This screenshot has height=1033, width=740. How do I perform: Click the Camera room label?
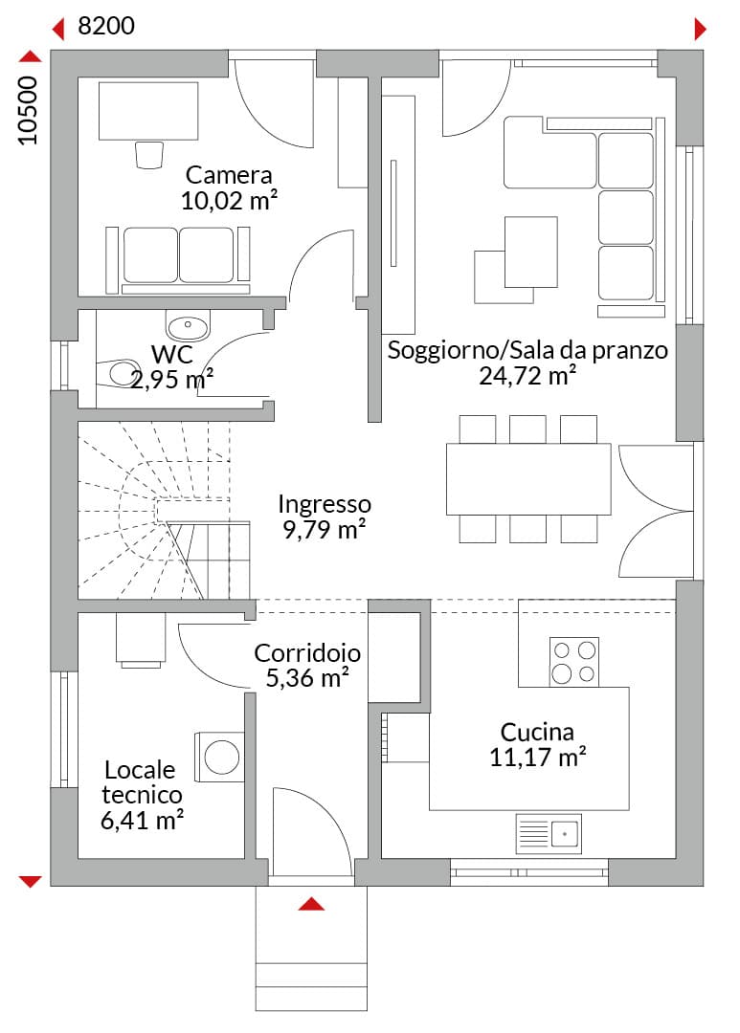coord(229,175)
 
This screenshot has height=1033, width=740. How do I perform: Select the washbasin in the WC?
coord(188,325)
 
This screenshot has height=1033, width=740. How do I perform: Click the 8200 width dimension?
coord(106,26)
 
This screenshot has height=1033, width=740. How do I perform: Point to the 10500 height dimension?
coord(28,111)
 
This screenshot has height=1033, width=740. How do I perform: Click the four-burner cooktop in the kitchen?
coord(573,662)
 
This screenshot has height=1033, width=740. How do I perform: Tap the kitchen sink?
coord(549,834)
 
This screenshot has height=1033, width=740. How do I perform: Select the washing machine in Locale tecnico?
coord(219,757)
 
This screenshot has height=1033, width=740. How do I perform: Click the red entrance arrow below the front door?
coord(311,904)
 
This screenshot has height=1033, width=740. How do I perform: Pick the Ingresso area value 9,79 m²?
coord(325,529)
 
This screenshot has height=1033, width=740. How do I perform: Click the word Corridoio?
coord(307,653)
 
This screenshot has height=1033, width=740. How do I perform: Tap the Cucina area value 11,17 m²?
coord(537,757)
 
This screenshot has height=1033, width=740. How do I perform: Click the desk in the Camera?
coord(148,111)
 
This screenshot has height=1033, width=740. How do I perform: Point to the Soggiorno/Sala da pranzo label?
coord(527,350)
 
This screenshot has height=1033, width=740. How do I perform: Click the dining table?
coord(528,479)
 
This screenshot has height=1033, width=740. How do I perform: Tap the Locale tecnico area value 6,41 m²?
coord(142,821)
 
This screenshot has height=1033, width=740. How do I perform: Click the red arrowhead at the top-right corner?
coord(701,29)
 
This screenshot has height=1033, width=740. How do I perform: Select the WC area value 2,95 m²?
coord(171,380)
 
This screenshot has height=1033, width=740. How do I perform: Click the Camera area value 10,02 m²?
coord(229,200)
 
